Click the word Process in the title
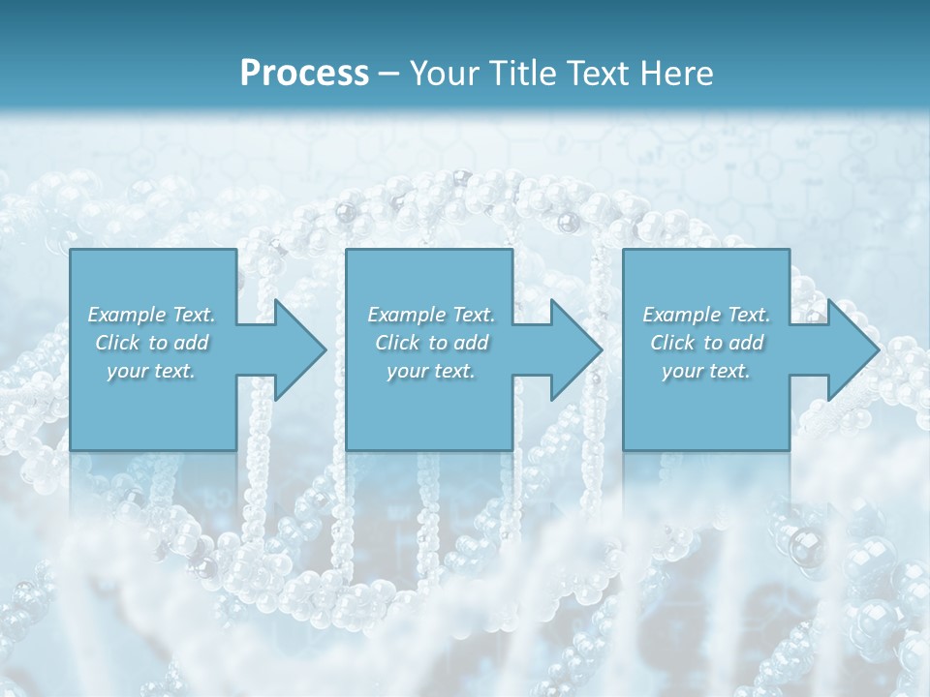304,73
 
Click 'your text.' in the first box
151,371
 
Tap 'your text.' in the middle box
431,371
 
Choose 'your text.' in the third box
706,371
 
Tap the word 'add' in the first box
192,343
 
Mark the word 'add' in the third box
747,343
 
